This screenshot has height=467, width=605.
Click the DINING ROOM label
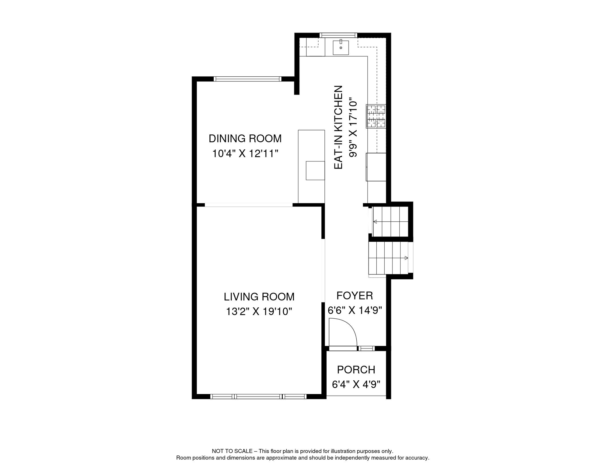[x=245, y=139]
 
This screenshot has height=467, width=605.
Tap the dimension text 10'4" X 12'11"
[x=245, y=154]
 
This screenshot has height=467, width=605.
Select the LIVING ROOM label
[x=259, y=297]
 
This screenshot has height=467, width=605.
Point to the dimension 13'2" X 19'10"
[x=259, y=312]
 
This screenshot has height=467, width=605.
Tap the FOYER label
[x=355, y=296]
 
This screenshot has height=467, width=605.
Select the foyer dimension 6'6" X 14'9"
[x=355, y=310]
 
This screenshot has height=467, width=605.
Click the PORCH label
[x=356, y=370]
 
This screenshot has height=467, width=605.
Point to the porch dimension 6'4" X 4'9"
[x=356, y=385]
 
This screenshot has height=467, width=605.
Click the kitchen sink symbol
[x=341, y=47]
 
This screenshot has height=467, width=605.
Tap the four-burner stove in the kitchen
[x=376, y=116]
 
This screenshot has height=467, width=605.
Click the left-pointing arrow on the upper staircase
[x=375, y=222]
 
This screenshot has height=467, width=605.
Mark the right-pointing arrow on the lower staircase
[x=406, y=258]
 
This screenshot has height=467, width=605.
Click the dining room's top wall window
[x=247, y=79]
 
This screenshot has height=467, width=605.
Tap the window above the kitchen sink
[x=338, y=35]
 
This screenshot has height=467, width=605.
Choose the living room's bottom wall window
[x=258, y=396]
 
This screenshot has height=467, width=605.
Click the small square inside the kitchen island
[x=315, y=171]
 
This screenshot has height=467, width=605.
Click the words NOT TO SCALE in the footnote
[x=232, y=451]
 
